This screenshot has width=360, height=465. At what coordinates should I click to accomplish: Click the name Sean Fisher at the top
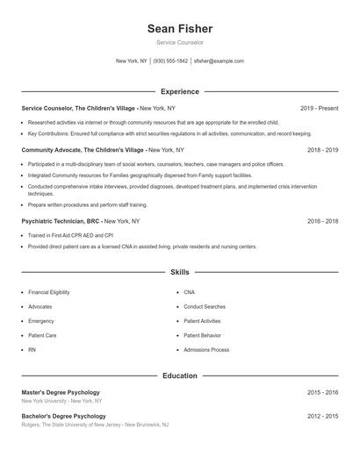(x=180, y=28)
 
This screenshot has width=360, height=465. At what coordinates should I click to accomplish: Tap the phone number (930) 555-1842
(x=170, y=61)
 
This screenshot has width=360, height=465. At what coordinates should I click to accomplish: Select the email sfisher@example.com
(x=219, y=61)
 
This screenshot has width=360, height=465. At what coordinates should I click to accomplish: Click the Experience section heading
(x=180, y=91)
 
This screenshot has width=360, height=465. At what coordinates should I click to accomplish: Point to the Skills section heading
(x=180, y=273)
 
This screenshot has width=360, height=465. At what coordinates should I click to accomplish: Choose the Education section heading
(x=180, y=376)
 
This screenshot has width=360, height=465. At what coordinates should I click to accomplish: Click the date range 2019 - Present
(x=319, y=108)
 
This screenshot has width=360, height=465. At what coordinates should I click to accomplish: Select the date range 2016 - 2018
(x=322, y=221)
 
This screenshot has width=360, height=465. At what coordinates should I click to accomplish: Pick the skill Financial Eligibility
(x=49, y=292)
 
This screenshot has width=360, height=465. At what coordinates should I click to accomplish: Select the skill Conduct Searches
(x=205, y=306)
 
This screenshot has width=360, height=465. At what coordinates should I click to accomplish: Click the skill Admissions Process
(x=206, y=350)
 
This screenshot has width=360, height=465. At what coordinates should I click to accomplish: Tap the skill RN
(x=32, y=350)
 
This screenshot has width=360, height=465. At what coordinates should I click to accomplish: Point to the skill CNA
(x=190, y=292)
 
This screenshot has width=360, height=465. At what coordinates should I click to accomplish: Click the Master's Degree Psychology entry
(x=61, y=392)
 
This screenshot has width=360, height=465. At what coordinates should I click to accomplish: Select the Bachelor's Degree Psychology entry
(x=63, y=416)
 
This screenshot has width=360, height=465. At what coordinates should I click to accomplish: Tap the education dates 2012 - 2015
(x=322, y=416)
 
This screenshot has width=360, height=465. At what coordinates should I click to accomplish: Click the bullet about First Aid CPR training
(x=70, y=235)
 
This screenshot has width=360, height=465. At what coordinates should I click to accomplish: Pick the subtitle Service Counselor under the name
(x=180, y=42)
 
